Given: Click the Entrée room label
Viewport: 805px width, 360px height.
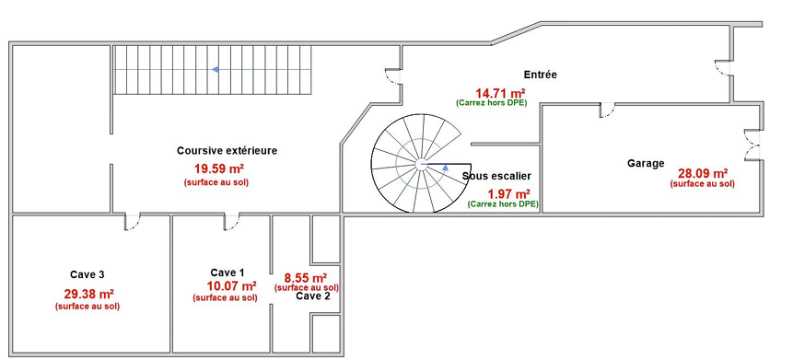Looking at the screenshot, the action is point(540,75).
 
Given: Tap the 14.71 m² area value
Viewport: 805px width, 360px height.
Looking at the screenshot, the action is point(500,93).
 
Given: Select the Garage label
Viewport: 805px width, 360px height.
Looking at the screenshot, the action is point(646,163).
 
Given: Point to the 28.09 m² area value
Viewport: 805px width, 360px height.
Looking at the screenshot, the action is point(703,173).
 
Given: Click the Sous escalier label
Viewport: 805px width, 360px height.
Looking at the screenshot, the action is point(496,176).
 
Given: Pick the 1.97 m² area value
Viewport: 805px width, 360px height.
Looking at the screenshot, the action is point(508,193).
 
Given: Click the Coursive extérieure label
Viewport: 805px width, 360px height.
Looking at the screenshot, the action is point(227,150).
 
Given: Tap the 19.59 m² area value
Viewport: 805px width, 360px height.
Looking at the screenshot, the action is point(218,168).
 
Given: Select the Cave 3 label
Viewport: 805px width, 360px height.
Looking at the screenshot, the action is point(87,274).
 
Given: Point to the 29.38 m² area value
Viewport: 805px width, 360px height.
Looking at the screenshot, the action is point(88,295).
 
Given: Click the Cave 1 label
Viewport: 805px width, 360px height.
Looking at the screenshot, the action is point(227,272).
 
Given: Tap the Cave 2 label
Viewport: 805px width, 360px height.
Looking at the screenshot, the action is point(313,296).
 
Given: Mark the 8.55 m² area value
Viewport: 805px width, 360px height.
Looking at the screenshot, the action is point(306,278).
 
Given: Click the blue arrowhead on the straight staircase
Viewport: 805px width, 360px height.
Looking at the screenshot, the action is point(216,69).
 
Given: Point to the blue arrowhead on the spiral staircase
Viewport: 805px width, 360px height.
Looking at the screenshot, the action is point(446,168).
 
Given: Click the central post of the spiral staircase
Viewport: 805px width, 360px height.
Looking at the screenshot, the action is point(421,164).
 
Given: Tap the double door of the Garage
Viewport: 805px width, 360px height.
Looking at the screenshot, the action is point(752,145).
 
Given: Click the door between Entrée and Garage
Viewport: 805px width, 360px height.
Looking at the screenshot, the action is point(607,110).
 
